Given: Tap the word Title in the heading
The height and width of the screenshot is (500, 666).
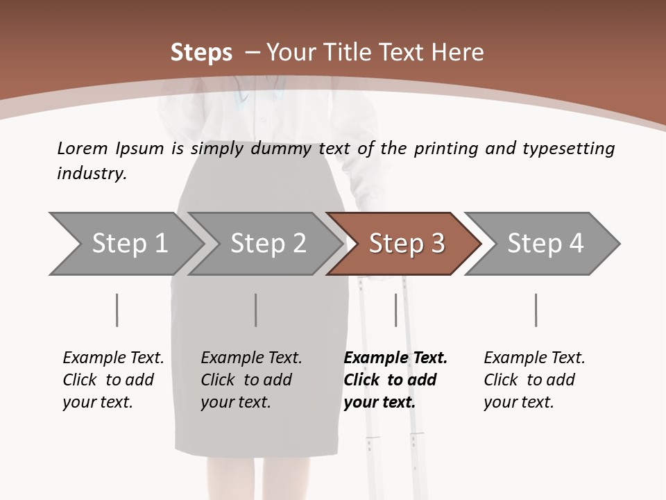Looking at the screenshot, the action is pos(348,52).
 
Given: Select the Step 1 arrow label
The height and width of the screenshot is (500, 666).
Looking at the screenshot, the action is pos(130,243).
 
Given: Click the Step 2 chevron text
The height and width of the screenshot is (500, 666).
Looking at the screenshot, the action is pos(268,243).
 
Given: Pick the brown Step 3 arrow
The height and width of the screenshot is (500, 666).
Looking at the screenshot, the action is pos(404,244).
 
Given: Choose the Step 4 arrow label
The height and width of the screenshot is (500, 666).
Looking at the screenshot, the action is pos(545,243).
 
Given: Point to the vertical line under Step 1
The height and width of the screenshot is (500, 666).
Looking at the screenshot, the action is pos(117,310).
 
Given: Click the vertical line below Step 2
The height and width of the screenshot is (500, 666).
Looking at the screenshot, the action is pos(256,310).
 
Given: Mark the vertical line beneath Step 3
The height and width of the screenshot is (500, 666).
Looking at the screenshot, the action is pos(395,310).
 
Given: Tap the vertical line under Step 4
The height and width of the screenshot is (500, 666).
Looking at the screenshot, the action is pos(536,310).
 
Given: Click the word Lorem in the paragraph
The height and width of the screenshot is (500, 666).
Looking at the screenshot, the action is pos(83,149).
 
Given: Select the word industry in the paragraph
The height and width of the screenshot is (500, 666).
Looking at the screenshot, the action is pos(92,173).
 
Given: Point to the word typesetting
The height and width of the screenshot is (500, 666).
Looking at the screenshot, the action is pos(569,149).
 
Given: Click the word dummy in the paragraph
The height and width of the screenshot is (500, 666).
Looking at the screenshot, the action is pos(281,149).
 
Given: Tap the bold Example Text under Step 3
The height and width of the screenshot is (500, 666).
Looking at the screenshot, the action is pos(395,358).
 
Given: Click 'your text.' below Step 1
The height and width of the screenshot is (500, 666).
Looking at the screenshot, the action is pos(98,402).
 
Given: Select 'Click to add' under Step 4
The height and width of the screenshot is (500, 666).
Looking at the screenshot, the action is pos(529,380).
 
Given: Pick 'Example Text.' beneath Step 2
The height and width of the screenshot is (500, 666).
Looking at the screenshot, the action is pos(251,358).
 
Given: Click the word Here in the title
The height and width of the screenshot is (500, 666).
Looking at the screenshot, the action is pos(457,52).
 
